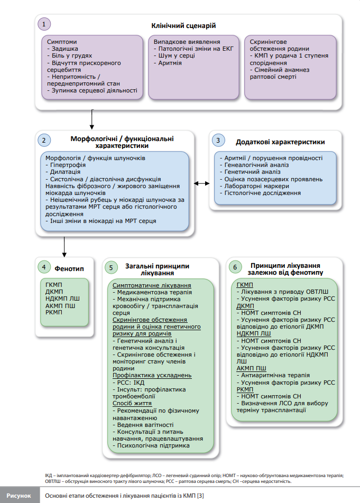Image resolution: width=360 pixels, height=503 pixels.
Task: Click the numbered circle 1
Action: (x=44, y=24)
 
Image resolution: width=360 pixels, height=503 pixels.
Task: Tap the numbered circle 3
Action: (x=218, y=140)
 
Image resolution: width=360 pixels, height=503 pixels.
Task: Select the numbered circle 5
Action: (x=111, y=267)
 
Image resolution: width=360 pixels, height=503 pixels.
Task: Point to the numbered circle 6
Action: (x=235, y=267)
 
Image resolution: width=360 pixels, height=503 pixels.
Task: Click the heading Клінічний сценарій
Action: (x=183, y=26)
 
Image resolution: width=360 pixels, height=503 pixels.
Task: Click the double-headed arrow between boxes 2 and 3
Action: (x=202, y=183)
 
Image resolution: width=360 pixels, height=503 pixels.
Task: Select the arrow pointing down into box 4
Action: (x=64, y=247)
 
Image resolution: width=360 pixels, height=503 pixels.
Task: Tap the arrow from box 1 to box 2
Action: (x=92, y=119)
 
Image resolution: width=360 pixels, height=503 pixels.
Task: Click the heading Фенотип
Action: (x=69, y=269)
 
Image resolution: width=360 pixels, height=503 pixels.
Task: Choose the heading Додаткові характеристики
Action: (x=280, y=142)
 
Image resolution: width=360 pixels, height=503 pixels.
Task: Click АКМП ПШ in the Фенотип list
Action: (x=60, y=306)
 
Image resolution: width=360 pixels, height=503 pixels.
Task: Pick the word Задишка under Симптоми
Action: (x=65, y=49)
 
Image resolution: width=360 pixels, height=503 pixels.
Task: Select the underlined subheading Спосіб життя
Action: (x=132, y=403)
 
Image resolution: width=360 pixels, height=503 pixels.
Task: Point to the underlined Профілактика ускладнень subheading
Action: (x=152, y=375)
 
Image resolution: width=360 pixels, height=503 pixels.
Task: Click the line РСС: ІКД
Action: (x=128, y=383)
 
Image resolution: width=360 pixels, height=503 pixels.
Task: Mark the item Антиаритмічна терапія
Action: (x=273, y=375)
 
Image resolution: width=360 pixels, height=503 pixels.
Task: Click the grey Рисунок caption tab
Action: (x=19, y=495)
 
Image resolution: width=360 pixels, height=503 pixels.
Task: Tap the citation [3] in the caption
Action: (x=200, y=496)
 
